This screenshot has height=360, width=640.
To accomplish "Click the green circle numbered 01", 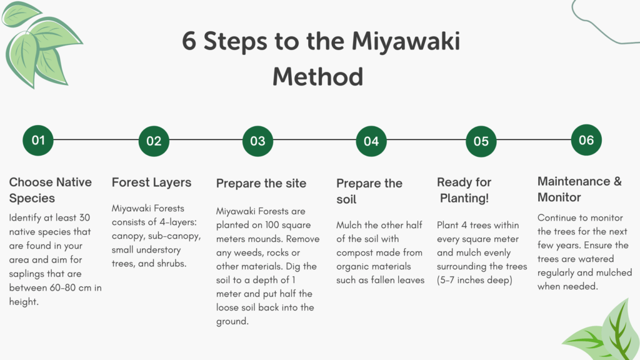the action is coord(38,141).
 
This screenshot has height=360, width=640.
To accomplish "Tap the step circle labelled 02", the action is coord(154,141).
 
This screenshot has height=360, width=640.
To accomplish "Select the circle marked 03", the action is coord(257,141).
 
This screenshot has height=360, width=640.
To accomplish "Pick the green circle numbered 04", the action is coord(371,141).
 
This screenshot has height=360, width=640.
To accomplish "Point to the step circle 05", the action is coord(481,141).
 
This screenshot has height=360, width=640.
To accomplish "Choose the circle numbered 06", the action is coord(586,140).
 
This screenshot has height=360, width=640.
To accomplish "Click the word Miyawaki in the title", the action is coord(406,42).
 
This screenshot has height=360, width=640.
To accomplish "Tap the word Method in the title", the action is coord(318,77).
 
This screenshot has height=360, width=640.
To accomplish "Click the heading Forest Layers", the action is coord(151,182).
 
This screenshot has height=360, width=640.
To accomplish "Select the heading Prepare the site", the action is coord(261,183).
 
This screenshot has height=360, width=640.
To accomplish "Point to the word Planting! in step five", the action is coord(464,198).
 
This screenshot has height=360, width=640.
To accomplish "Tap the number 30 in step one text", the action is coord(84,217).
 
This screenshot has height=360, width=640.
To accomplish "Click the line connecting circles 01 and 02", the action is coord(96,139).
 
